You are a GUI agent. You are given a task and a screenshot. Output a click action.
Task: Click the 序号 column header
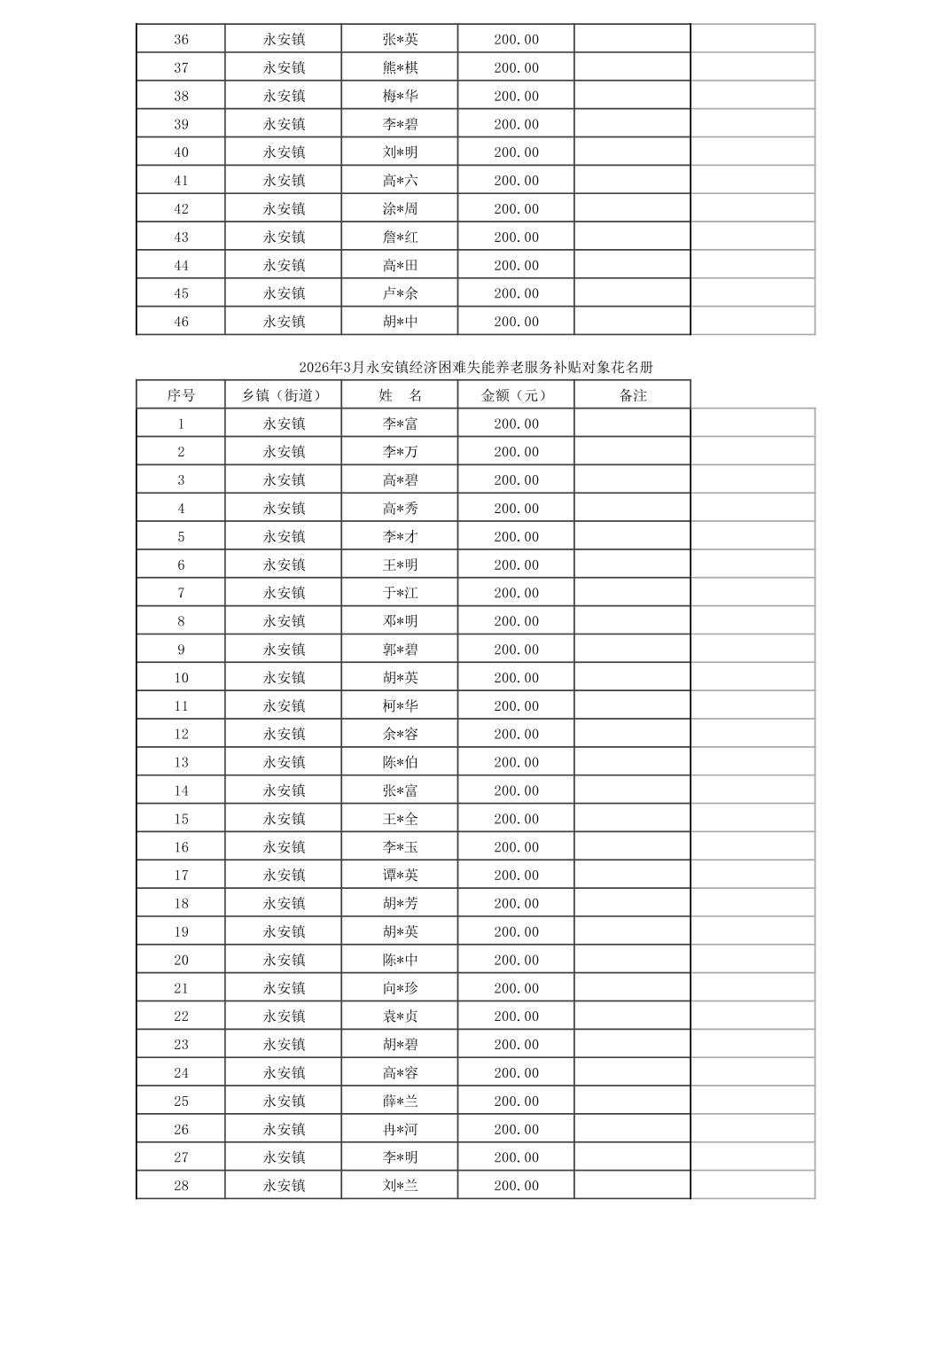(x=181, y=395)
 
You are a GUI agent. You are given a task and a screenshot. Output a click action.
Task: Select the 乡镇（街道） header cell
(x=283, y=395)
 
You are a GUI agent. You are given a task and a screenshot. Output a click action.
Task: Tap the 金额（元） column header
(x=515, y=395)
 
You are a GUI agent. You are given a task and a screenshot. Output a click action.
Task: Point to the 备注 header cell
(x=632, y=395)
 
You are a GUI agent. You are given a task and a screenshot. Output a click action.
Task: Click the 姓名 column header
(x=400, y=395)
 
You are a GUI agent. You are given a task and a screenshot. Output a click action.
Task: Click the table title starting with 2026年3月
(x=476, y=367)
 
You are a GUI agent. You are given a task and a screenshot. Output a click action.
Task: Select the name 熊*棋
(x=400, y=67)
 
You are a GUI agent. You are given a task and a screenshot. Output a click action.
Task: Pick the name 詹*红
(x=400, y=237)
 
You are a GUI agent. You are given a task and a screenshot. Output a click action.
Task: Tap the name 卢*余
(x=400, y=293)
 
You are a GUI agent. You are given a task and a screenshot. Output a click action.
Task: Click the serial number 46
(x=181, y=322)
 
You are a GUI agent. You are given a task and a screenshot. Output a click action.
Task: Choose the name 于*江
(x=400, y=593)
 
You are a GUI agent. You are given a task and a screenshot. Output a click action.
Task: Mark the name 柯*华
(x=400, y=705)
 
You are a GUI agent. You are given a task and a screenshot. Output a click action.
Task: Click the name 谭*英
(x=400, y=875)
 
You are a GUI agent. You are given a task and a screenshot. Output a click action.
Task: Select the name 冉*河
(x=400, y=1129)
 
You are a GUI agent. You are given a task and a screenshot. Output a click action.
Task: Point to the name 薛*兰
(x=400, y=1101)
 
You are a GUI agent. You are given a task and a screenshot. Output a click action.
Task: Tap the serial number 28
(x=181, y=1186)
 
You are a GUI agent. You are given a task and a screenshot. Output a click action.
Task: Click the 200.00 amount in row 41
(x=516, y=181)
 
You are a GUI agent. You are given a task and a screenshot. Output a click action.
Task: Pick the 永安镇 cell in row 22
(x=284, y=1016)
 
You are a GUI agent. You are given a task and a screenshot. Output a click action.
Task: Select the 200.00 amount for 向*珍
(x=516, y=988)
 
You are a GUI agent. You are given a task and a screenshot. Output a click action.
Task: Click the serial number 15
(x=181, y=819)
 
